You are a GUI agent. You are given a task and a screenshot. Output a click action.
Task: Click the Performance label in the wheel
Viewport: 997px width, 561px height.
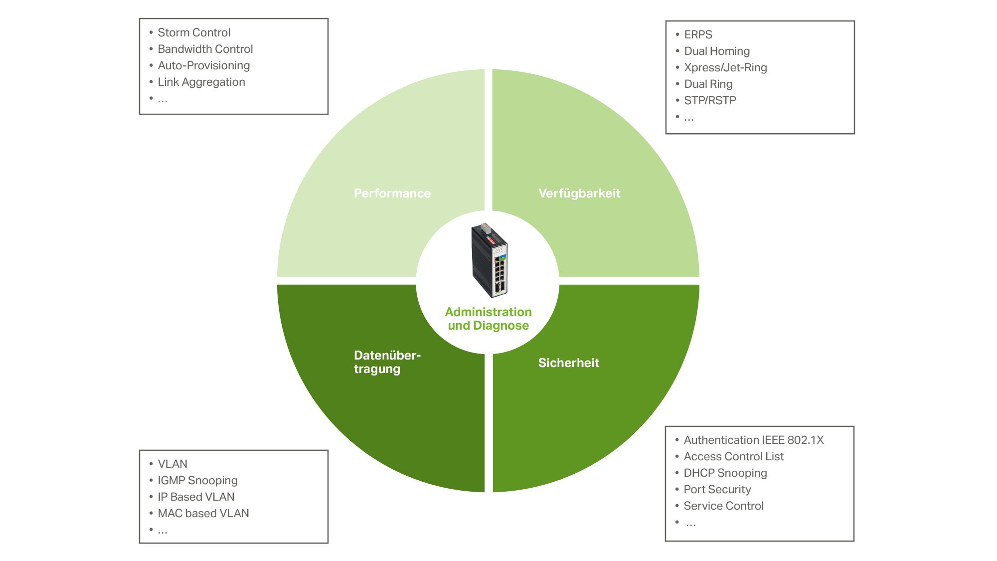click(x=392, y=193)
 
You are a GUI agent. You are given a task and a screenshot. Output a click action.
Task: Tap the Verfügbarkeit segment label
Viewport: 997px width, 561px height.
click(x=579, y=193)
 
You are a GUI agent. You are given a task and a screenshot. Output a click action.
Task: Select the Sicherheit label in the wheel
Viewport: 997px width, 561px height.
click(x=568, y=363)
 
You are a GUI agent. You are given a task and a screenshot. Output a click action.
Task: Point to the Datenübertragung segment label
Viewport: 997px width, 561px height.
click(x=387, y=362)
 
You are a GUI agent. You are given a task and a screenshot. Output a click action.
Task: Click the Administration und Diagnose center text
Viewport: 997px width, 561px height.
click(x=488, y=319)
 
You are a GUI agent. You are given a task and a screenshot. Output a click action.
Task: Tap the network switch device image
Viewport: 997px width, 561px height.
click(x=489, y=260)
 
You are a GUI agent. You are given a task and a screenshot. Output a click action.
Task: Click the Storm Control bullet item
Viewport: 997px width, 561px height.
click(x=194, y=32)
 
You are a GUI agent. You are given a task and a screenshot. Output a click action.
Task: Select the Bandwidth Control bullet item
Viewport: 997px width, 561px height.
click(x=205, y=49)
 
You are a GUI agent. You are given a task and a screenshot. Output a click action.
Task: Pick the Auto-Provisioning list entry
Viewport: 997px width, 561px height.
click(x=204, y=65)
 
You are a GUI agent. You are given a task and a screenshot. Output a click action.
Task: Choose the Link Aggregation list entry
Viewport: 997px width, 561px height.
click(x=201, y=82)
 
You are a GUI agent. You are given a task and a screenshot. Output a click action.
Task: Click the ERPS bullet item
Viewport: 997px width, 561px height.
click(x=698, y=34)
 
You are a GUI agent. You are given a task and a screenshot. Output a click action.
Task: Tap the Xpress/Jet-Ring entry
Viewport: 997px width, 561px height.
click(x=725, y=67)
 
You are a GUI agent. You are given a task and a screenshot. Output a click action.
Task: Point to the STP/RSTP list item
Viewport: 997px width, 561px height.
click(x=710, y=100)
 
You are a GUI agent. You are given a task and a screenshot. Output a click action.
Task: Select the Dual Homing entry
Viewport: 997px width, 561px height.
click(x=717, y=51)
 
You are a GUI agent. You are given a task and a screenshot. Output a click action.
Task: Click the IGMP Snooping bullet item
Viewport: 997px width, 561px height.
click(x=197, y=480)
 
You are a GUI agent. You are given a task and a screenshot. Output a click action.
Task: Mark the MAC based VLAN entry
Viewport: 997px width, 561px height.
click(x=203, y=513)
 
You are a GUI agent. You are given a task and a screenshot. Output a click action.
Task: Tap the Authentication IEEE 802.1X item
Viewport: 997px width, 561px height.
click(x=754, y=440)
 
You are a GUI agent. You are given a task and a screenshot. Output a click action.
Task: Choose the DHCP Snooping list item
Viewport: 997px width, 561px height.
click(x=725, y=473)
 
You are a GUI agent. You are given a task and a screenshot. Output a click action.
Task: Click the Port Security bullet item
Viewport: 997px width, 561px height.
click(x=717, y=489)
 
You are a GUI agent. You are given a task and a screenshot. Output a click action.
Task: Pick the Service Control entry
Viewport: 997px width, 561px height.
click(x=723, y=506)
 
